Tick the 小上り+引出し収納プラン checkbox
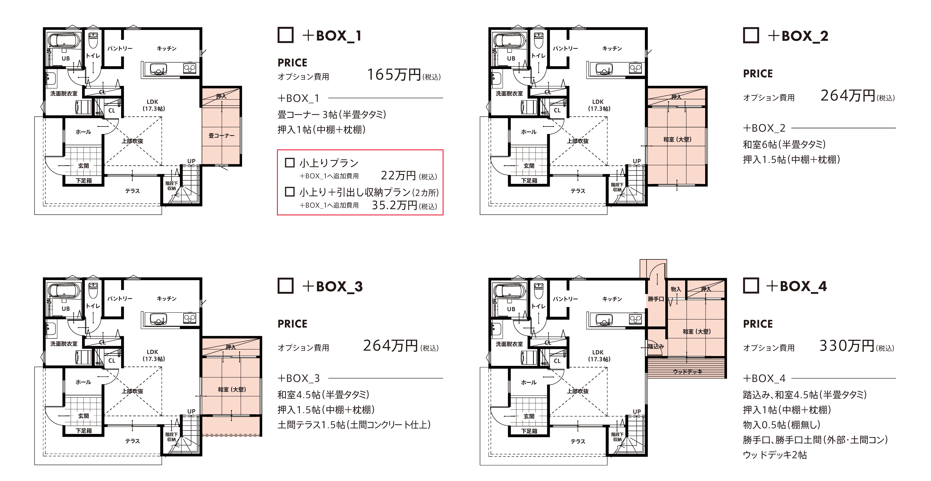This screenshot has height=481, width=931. [290, 192]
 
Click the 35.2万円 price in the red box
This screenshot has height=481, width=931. [395, 205]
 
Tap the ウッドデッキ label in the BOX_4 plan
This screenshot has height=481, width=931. [687, 372]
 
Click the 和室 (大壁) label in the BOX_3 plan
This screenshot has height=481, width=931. [232, 389]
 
